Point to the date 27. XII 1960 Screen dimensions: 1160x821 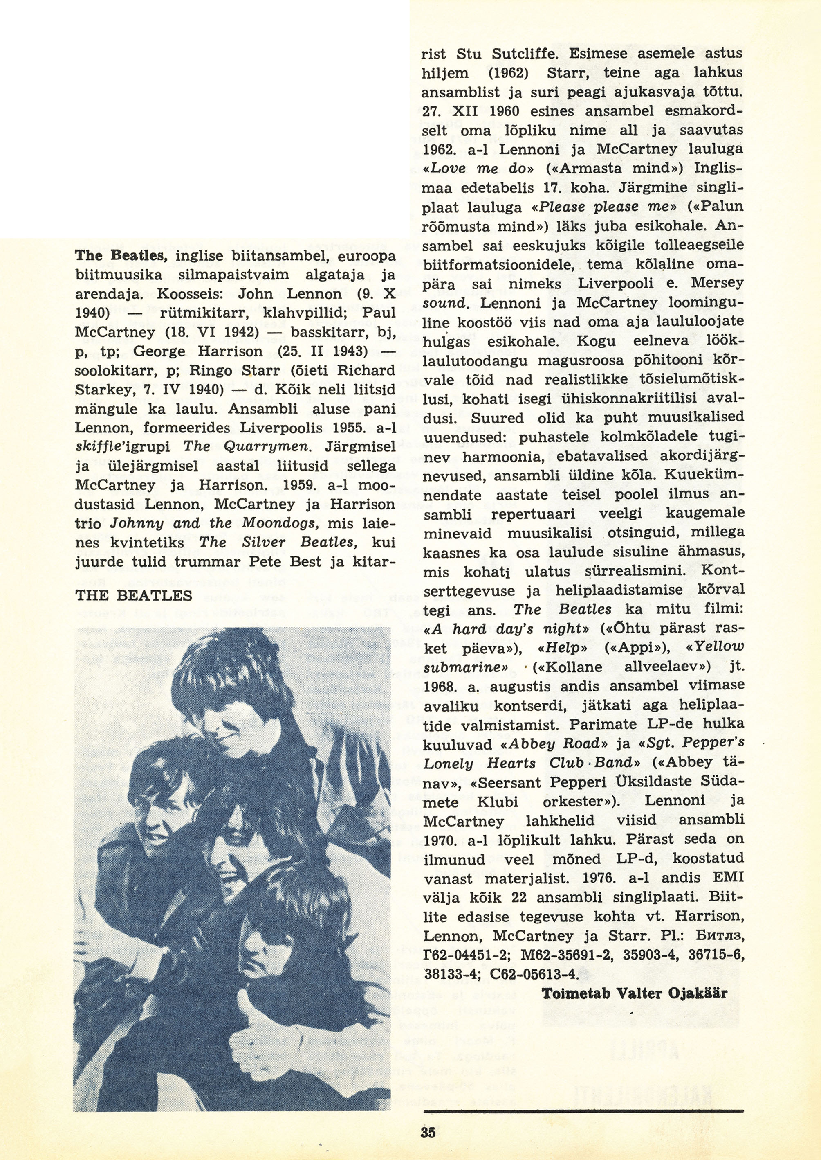tap(472, 111)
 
